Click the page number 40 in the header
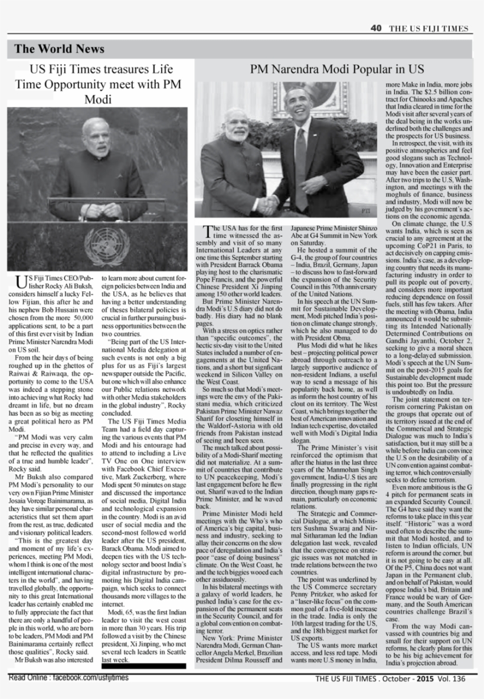tap(376, 28)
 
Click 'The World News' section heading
tap(59, 49)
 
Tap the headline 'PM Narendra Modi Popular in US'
tap(337, 69)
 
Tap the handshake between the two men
tap(268, 204)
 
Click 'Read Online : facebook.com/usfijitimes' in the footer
tap(68, 678)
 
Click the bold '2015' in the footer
tap(424, 678)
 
